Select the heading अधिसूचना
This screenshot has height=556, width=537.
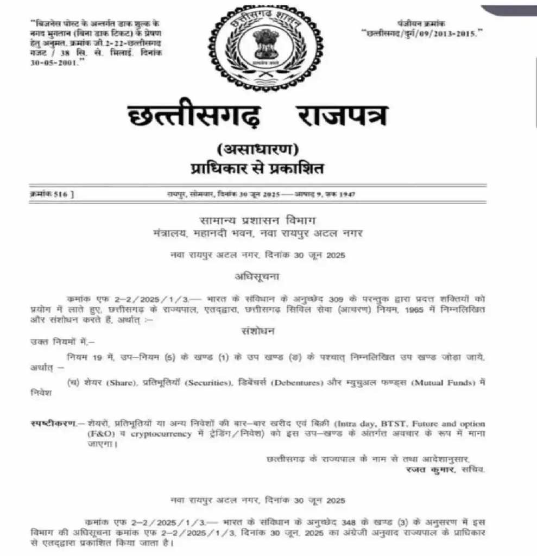click(257, 276)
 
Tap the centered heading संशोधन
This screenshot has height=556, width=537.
click(257, 331)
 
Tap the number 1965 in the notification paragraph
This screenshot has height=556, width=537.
click(427, 308)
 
